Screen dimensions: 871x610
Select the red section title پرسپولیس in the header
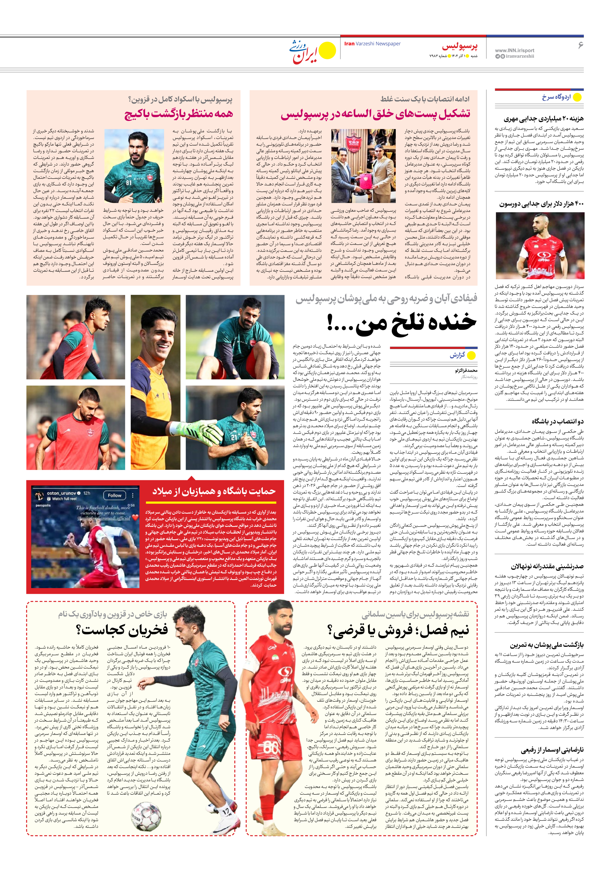click(x=459, y=46)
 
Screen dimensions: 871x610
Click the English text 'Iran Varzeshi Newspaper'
click(x=372, y=44)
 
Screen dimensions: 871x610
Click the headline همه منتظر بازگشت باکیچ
click(x=179, y=114)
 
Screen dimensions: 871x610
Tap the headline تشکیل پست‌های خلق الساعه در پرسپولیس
click(x=376, y=114)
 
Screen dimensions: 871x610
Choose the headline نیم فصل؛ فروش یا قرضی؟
click(x=398, y=630)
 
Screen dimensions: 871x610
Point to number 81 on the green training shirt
click(x=129, y=182)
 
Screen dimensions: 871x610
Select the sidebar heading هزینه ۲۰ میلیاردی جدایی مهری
click(x=544, y=119)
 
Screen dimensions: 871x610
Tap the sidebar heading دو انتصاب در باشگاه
click(x=557, y=421)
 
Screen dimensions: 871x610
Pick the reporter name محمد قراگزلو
click(x=466, y=370)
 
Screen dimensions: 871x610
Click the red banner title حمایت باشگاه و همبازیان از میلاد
click(x=214, y=491)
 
